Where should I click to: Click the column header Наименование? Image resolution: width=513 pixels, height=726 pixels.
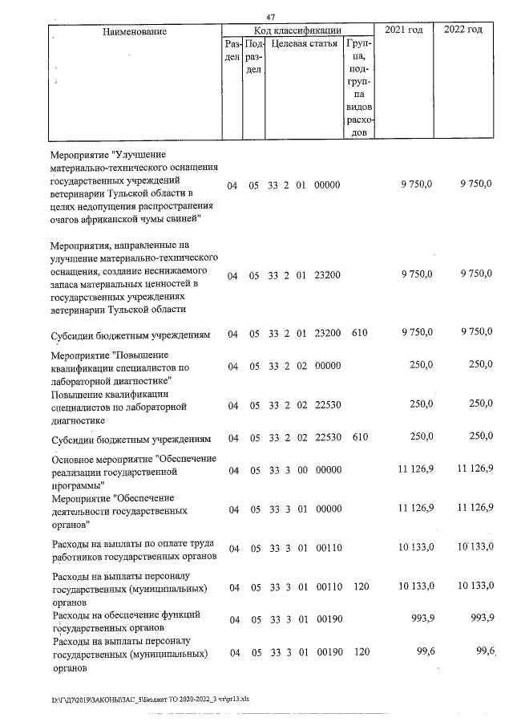click(x=134, y=30)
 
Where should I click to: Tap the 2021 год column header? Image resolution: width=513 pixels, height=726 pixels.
click(x=404, y=30)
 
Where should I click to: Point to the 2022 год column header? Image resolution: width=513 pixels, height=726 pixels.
click(x=463, y=30)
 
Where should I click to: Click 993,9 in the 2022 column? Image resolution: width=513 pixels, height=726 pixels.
click(x=479, y=616)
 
